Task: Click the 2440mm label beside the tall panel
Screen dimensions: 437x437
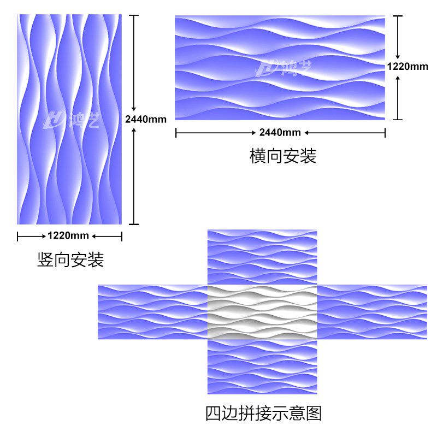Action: click(x=145, y=119)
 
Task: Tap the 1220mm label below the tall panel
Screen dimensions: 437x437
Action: click(x=68, y=236)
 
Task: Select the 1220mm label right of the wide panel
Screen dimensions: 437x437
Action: click(x=408, y=67)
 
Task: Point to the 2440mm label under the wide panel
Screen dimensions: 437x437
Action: click(x=280, y=133)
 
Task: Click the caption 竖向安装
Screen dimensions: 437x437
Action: click(x=70, y=259)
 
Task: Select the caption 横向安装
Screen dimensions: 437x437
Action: click(x=282, y=156)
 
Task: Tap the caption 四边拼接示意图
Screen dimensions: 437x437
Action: click(x=263, y=413)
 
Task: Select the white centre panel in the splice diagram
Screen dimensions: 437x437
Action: click(x=262, y=312)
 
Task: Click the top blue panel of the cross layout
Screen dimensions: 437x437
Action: click(x=262, y=257)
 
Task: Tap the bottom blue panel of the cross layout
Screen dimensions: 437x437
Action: click(x=262, y=367)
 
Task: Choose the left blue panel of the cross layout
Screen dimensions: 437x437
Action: click(x=152, y=312)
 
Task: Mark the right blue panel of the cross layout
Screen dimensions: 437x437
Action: click(x=372, y=312)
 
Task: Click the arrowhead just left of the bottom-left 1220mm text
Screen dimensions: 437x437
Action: click(x=44, y=236)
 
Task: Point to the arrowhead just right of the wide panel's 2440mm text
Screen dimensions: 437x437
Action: click(x=306, y=133)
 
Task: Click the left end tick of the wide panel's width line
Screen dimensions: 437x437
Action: click(x=175, y=133)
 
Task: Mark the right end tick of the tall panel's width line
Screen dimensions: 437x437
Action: click(x=121, y=236)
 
